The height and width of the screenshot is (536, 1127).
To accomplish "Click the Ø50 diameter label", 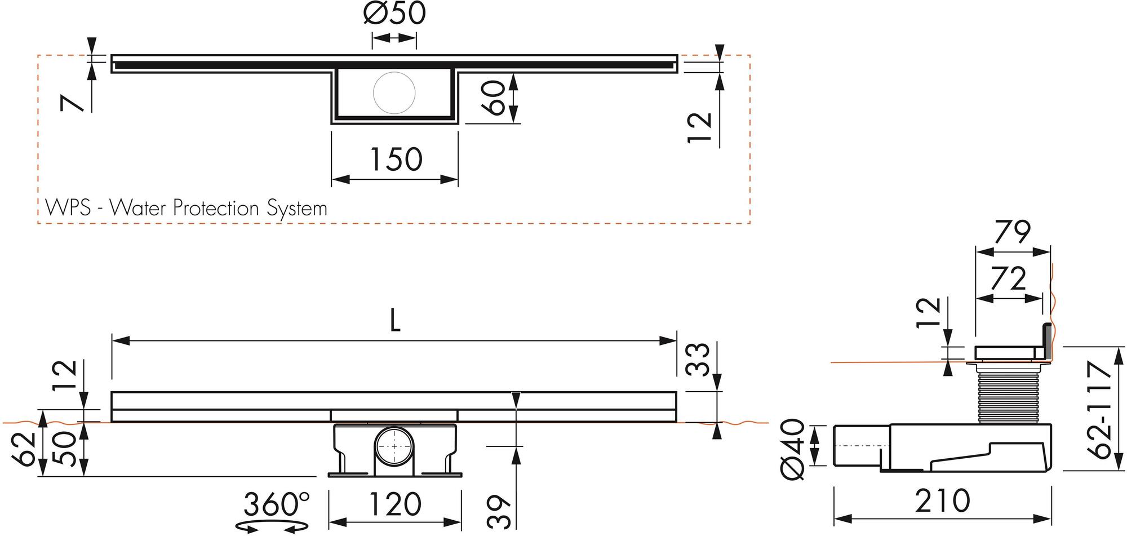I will [x=394, y=14].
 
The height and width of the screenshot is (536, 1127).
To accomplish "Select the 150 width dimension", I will [x=396, y=160].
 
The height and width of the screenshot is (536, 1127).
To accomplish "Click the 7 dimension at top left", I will [x=72, y=103].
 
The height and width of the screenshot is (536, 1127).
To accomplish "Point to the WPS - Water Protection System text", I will [x=186, y=209].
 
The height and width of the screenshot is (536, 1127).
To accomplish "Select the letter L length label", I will [x=395, y=322].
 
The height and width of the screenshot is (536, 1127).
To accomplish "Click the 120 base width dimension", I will [x=394, y=504].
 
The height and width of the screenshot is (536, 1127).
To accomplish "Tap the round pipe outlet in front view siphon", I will [x=394, y=446].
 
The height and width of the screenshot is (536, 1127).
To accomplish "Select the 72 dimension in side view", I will [x=1009, y=279].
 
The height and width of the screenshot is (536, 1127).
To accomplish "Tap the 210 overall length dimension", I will [x=942, y=500].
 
